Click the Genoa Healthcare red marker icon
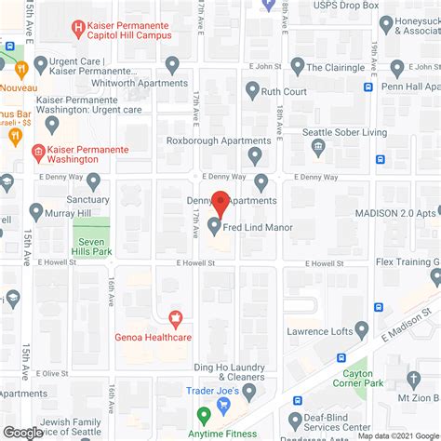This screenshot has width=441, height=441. (x=172, y=318)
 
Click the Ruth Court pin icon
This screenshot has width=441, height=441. (x=252, y=90)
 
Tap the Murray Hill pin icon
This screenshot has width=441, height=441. (x=35, y=211)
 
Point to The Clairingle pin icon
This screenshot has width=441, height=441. (x=297, y=66)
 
